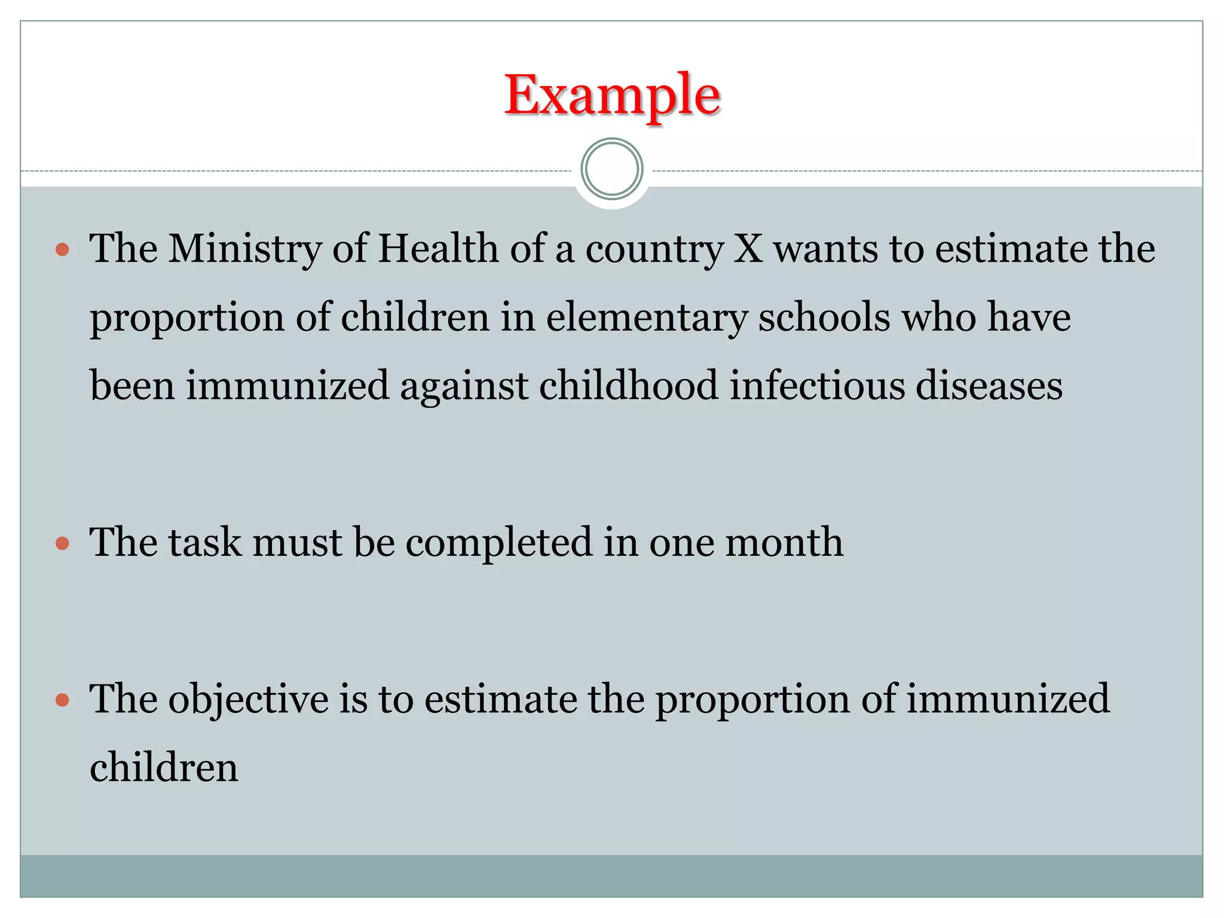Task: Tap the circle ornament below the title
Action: [612, 169]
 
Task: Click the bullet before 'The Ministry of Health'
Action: [62, 249]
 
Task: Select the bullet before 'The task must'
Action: [62, 543]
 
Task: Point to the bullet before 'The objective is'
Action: [62, 700]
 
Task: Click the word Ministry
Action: [244, 249]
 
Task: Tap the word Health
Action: [438, 249]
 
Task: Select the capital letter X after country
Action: [748, 249]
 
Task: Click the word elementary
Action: [647, 317]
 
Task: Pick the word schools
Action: [825, 317]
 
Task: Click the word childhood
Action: [629, 385]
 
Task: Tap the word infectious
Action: [817, 385]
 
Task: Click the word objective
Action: [248, 700]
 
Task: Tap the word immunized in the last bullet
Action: [1008, 699]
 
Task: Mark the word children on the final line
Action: [164, 768]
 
